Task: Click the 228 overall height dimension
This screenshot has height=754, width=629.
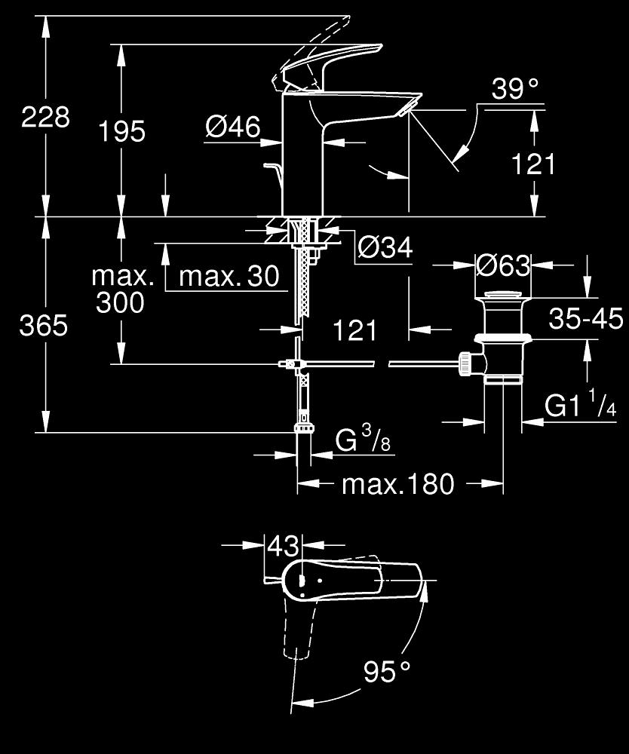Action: (x=46, y=117)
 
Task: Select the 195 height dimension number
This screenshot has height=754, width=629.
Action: (x=121, y=131)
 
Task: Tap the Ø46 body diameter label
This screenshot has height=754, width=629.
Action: (x=233, y=127)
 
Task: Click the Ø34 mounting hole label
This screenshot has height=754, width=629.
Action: (x=385, y=247)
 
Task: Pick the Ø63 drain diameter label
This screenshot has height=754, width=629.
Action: (x=503, y=265)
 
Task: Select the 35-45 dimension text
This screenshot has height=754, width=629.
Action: (x=586, y=318)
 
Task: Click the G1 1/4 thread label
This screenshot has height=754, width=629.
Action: (x=581, y=404)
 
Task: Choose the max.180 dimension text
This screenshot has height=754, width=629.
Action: (x=397, y=484)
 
